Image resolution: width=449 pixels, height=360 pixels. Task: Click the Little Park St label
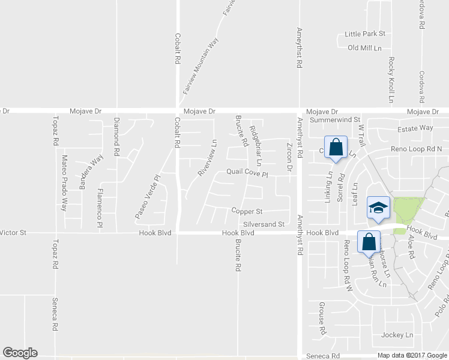[x=364, y=34]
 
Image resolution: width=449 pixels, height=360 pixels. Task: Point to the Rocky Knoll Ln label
[x=391, y=79]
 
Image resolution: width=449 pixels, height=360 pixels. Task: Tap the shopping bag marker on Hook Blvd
[x=369, y=242]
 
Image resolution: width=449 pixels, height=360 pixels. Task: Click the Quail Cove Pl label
[x=246, y=172]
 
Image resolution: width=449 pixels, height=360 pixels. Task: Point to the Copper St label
[x=247, y=211]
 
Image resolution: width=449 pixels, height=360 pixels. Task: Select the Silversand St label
[x=263, y=224]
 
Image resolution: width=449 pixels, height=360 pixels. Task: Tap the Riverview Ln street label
[x=206, y=158]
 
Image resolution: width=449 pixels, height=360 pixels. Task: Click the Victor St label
[x=13, y=232]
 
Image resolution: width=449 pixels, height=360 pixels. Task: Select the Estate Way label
[x=415, y=128]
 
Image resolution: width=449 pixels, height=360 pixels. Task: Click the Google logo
[x=20, y=353]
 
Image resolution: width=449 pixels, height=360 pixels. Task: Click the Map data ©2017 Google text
[x=412, y=355]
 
